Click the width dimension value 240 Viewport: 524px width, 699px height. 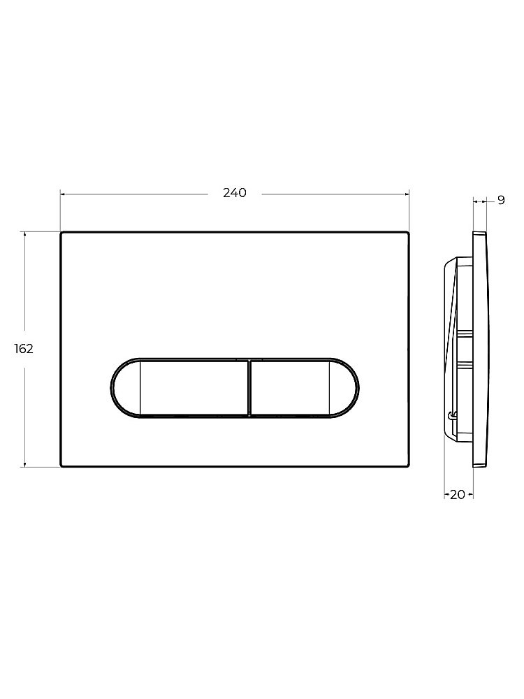[235, 194]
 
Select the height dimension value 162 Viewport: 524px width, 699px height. [24, 349]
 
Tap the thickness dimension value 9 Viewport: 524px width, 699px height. [501, 201]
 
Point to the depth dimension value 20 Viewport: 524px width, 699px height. [458, 495]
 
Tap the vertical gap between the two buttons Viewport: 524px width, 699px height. [249, 388]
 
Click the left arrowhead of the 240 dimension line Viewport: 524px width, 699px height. [64, 194]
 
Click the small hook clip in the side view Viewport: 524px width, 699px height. [453, 417]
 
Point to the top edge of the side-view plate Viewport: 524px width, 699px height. [479, 232]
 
